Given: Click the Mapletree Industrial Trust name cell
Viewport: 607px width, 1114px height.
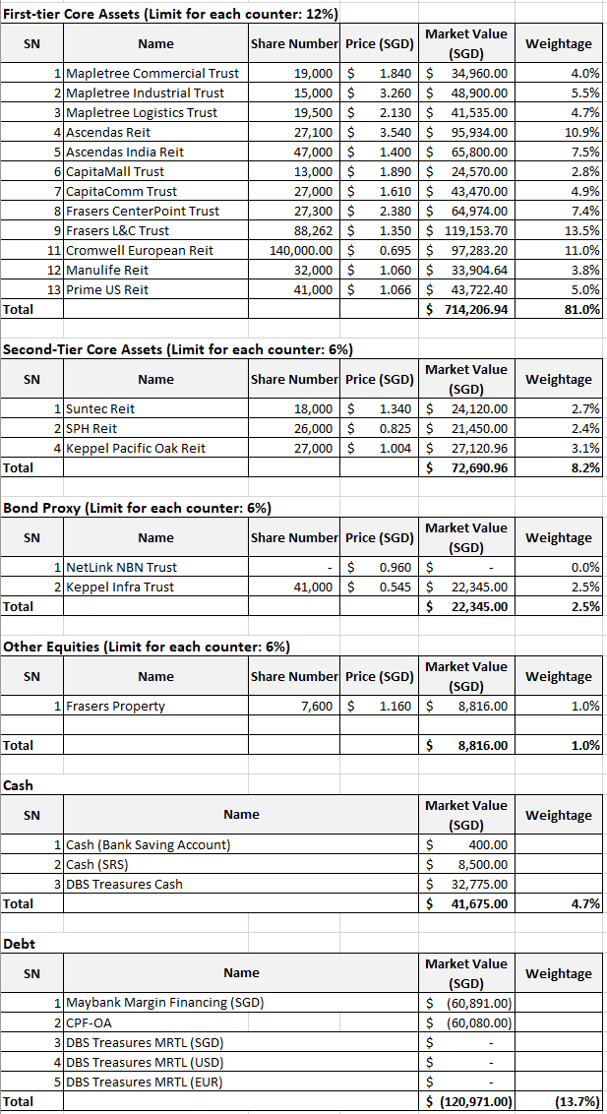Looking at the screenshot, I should pos(145,93).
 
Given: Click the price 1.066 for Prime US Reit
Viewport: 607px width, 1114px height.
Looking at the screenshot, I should pos(394,289).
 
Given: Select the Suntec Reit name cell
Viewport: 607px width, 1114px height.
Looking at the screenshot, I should pos(100,408).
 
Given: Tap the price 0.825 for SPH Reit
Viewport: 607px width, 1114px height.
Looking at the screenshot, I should pos(394,428).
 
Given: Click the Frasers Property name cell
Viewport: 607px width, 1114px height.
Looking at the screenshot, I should pos(115,706).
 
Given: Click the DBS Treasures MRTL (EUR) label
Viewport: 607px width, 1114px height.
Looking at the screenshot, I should pos(144,1082).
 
